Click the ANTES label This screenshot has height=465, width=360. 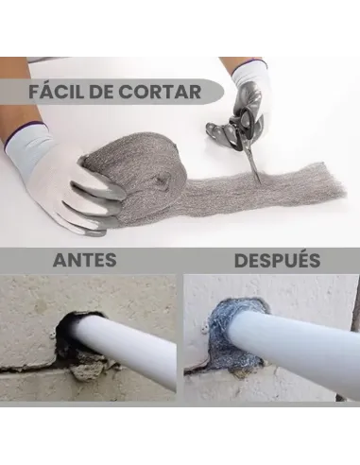coord(85,260)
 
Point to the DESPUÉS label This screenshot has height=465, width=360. coord(277,260)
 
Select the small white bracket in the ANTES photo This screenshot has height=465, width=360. coord(52,335)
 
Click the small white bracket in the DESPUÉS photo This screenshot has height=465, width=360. coord(205,329)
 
